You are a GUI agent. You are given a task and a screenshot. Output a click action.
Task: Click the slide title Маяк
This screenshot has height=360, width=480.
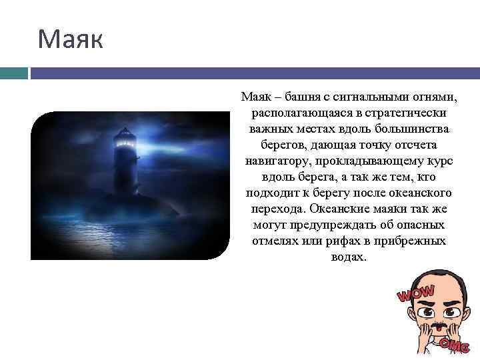coord(70,39)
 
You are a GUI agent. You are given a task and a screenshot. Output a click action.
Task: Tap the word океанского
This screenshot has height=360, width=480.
coord(423,193)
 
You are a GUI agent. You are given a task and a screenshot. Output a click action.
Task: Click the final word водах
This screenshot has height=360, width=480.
coord(348,257)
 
